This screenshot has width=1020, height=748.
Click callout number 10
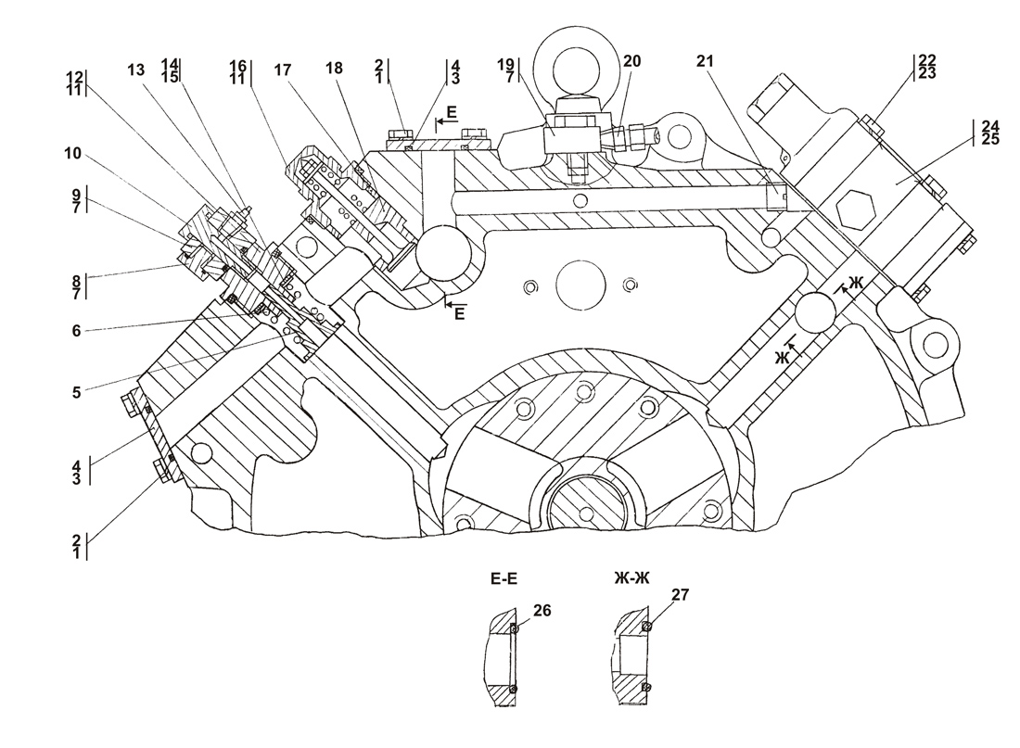point(73,154)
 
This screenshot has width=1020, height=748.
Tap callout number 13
point(136,69)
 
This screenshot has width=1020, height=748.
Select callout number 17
point(282,70)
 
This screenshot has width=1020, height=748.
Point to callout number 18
point(334,68)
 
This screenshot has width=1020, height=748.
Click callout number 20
point(631,61)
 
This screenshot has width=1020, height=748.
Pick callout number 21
point(705,60)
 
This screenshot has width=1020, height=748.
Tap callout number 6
point(76,331)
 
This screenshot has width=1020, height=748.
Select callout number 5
point(76,392)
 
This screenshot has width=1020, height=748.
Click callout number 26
point(542,610)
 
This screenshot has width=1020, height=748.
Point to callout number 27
point(680,594)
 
